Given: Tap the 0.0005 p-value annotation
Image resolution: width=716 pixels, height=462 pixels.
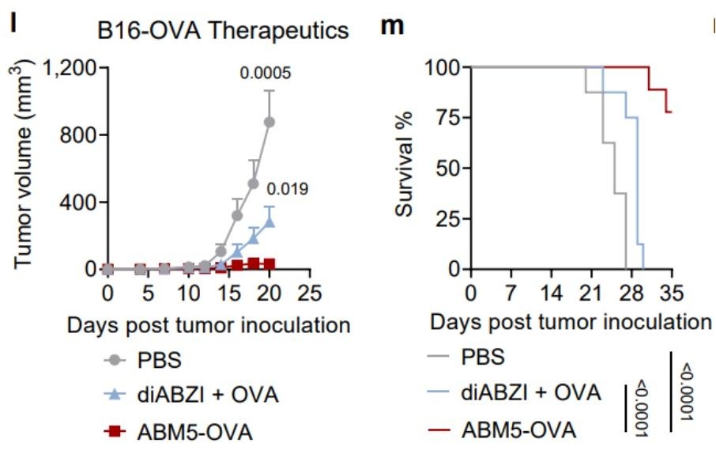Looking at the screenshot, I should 266,74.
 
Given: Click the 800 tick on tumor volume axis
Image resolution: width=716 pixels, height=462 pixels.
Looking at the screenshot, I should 81,134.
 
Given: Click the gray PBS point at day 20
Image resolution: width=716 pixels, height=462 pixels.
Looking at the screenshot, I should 269,122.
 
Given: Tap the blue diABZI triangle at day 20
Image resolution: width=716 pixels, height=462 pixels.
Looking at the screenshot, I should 269,222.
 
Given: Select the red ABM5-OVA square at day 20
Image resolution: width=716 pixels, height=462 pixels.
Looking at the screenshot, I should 269,263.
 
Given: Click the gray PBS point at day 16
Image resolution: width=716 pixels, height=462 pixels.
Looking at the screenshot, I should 237,214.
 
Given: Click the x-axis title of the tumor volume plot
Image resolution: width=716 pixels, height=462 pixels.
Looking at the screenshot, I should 209,324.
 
